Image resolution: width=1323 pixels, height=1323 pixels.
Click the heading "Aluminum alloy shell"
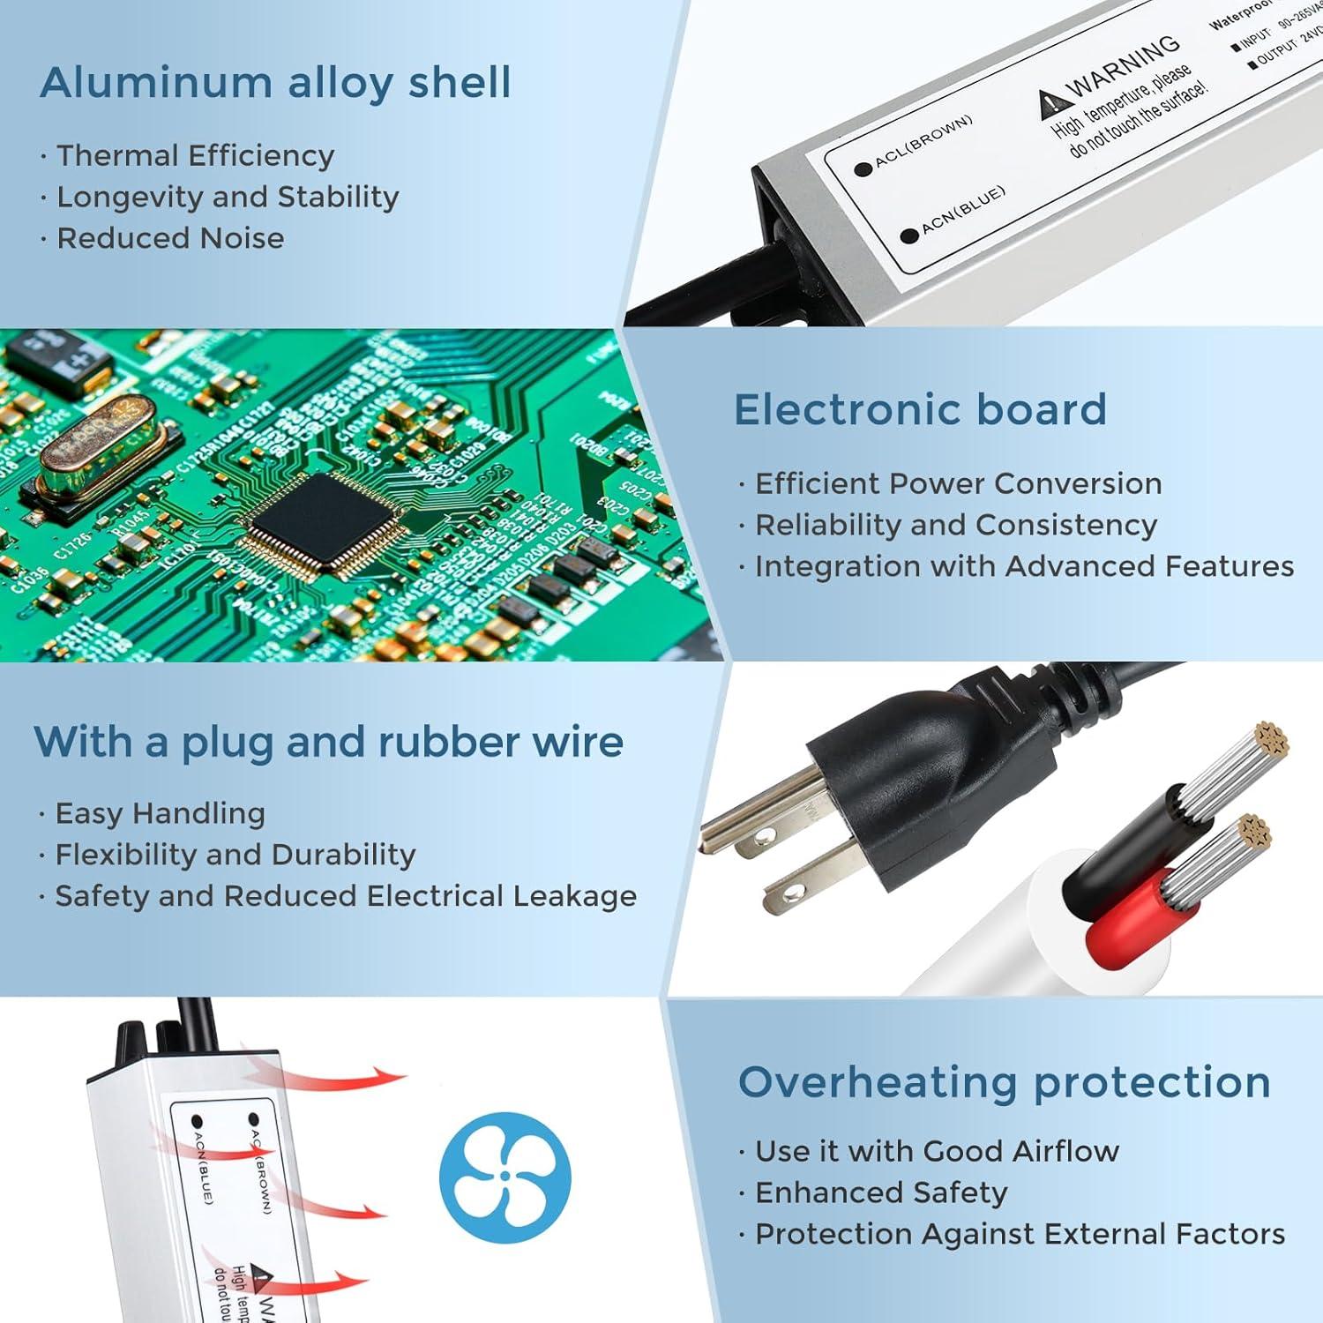click(275, 83)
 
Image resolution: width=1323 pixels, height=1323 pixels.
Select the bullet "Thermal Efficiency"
click(195, 155)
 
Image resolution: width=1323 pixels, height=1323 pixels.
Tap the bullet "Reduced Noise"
click(170, 238)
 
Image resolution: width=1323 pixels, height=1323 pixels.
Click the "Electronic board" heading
click(920, 410)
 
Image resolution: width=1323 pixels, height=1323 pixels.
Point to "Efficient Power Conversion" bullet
click(958, 483)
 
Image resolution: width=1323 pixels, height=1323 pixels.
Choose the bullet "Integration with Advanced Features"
click(1024, 566)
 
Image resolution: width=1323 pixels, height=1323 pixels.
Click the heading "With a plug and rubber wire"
click(328, 742)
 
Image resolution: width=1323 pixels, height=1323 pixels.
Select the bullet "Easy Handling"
click(160, 813)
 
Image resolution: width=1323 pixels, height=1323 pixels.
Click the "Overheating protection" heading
click(1004, 1082)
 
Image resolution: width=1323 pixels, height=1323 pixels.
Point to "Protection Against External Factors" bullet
click(1020, 1234)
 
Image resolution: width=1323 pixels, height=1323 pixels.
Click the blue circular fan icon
click(505, 1177)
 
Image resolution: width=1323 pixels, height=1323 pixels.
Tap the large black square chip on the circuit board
click(327, 519)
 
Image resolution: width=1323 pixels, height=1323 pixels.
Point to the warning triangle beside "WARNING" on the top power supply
click(1050, 103)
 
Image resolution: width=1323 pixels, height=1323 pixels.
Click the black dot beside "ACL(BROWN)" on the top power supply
click(863, 169)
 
